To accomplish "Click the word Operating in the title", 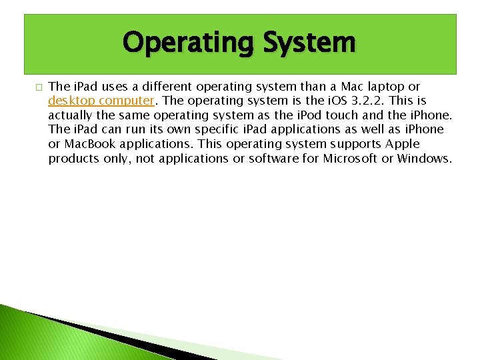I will click(x=187, y=43).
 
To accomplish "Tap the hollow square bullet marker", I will click(x=38, y=87).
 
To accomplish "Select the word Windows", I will click(x=424, y=159).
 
